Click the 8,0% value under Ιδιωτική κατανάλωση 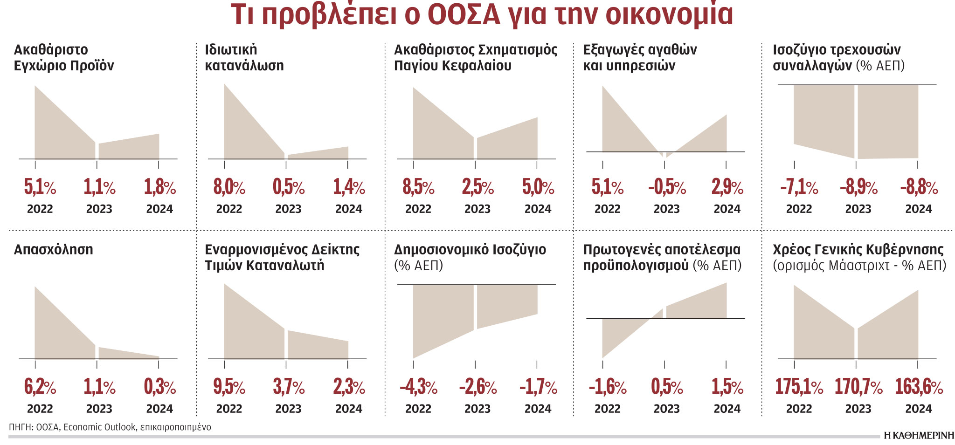[229, 187]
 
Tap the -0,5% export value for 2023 [667, 187]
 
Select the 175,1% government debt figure [799, 387]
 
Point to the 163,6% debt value [919, 387]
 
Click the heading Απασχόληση [54, 249]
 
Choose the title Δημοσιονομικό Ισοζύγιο [470, 249]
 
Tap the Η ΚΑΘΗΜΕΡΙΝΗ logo [919, 435]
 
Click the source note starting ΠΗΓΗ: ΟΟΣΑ [110, 427]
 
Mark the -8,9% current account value [858, 187]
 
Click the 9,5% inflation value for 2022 [229, 387]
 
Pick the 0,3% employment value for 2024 [160, 387]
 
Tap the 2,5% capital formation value [477, 187]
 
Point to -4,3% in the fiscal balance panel [418, 387]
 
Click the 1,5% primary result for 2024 [727, 387]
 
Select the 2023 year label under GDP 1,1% [99, 209]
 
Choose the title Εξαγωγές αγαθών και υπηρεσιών [640, 57]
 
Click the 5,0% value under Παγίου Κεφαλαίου [538, 187]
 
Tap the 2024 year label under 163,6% [919, 409]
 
